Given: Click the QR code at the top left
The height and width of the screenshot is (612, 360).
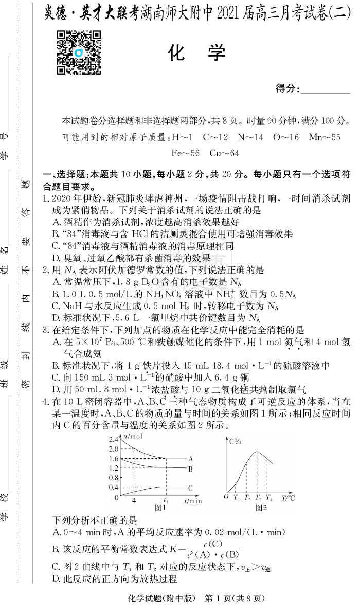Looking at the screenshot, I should coord(78,52).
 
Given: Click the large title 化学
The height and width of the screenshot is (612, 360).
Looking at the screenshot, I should coord(197,53).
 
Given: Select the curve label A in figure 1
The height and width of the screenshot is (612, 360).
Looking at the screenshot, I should coord(190,458).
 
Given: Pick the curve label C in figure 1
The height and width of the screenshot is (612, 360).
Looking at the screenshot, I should coord(190,488).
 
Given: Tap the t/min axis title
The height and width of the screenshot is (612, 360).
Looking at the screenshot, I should coord(193,500).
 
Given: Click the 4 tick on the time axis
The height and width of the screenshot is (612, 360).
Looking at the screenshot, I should coord(134,500).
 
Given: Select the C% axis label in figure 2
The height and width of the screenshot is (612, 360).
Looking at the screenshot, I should coord(236,441).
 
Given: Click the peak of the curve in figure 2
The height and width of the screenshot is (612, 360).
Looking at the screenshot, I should coord(257,452).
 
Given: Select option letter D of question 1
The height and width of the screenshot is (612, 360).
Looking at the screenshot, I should coord(56,258).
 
